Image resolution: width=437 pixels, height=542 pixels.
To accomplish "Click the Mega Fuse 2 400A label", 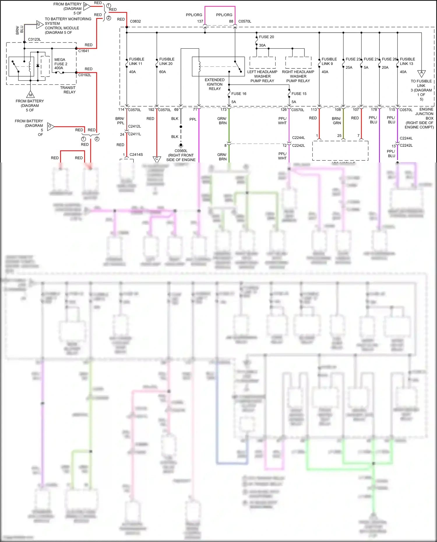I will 61,64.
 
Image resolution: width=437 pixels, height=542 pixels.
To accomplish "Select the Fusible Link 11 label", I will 136,61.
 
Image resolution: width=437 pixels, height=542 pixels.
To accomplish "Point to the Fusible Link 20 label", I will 166,61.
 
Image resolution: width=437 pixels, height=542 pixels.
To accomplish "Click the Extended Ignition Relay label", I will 215,84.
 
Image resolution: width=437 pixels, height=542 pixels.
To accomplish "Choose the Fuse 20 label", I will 266,37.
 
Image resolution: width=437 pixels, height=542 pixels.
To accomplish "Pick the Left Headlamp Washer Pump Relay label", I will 262,76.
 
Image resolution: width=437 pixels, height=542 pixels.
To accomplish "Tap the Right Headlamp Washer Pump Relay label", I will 298,76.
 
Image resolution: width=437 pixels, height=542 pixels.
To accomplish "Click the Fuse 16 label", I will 239,94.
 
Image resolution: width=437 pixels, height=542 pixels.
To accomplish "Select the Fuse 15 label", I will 299,94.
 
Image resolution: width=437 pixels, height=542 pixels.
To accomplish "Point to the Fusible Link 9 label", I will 329,61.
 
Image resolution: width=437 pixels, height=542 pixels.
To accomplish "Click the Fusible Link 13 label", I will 407,61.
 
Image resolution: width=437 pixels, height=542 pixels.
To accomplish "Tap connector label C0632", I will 135,21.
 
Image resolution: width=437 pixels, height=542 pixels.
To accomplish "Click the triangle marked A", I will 421,73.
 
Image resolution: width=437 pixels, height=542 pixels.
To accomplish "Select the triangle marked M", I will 30,95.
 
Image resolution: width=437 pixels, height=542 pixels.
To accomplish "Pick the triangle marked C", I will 157,159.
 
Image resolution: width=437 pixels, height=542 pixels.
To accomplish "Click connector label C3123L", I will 34,39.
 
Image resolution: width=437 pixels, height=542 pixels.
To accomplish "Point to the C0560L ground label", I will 181,151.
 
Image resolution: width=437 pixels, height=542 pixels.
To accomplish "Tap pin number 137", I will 200,21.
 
